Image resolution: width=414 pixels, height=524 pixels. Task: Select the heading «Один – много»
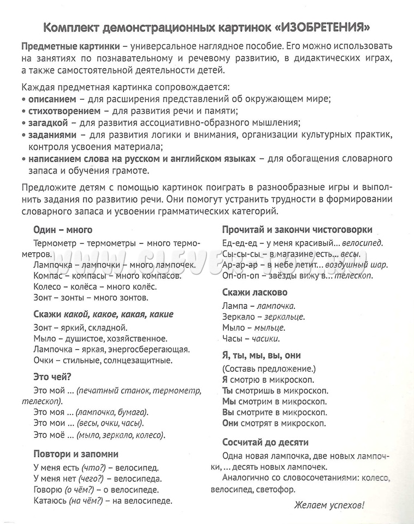click(63, 229)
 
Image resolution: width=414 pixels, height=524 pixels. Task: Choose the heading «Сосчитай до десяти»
click(265, 442)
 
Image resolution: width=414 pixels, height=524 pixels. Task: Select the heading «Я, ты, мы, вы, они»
click(262, 355)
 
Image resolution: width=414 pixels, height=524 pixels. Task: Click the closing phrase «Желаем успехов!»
click(329, 505)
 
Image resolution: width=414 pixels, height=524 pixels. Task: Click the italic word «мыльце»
click(270, 328)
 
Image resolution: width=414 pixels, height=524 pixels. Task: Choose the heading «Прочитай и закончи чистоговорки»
click(297, 229)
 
